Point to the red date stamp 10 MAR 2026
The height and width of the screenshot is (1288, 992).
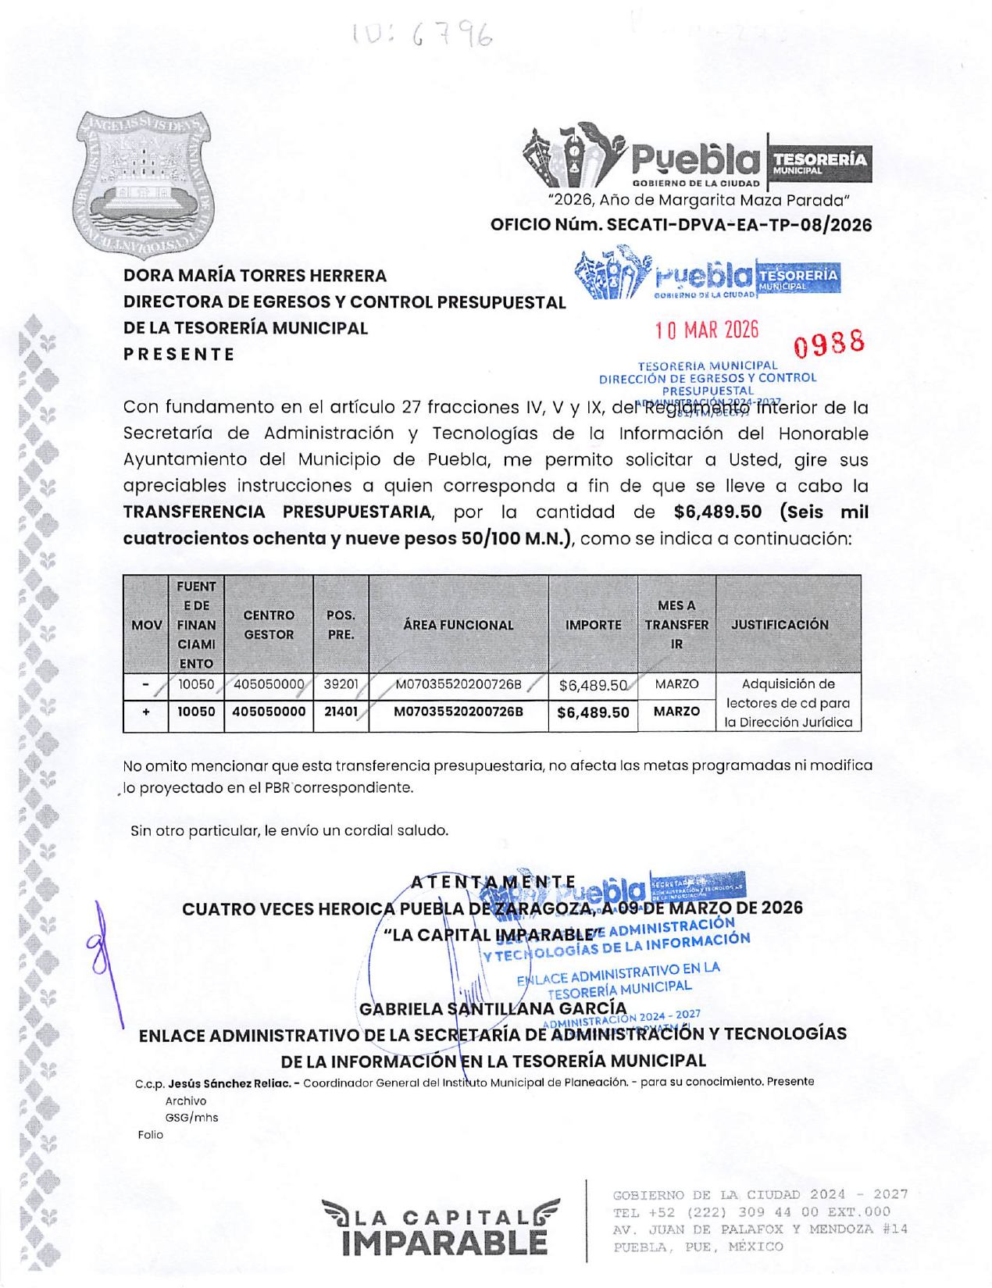706,330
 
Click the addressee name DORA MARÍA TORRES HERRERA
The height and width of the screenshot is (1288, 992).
255,276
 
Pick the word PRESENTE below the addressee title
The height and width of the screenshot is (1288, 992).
179,354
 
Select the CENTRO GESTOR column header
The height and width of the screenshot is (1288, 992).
269,625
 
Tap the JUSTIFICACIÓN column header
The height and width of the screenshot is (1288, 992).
780,625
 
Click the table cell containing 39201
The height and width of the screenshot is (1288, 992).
341,684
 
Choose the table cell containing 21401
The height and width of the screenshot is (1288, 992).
341,712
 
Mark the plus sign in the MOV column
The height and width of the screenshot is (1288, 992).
146,712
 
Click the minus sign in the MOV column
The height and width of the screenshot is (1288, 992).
146,685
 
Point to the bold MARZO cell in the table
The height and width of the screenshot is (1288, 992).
676,712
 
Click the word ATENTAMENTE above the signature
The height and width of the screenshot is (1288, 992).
493,883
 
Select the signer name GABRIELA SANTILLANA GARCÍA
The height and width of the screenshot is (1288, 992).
493,1008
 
